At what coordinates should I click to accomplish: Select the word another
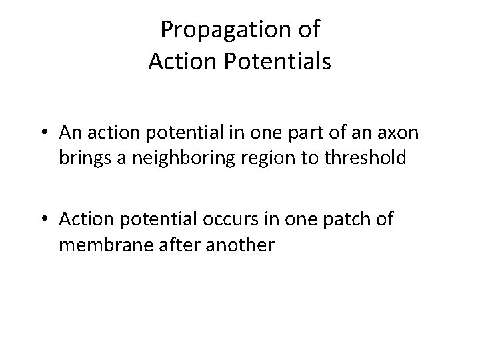231,245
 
